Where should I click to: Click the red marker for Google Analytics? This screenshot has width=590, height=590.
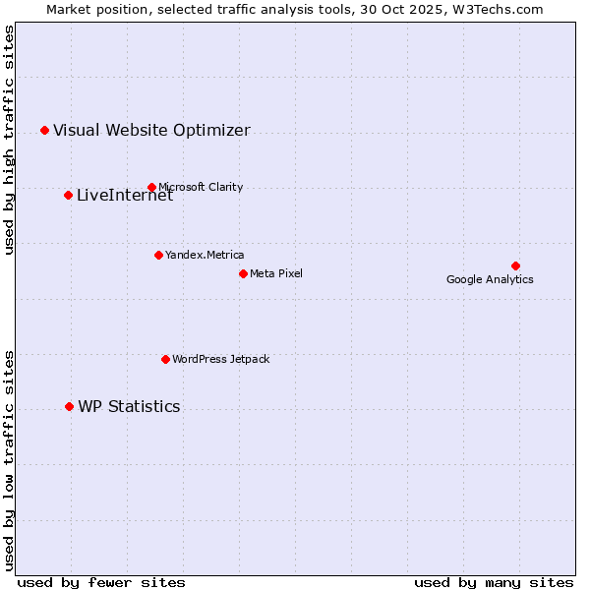(515, 265)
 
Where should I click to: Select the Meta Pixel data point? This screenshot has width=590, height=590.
(243, 273)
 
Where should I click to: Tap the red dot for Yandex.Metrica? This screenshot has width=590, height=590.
(158, 255)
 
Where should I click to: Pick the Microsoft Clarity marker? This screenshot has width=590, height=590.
(151, 187)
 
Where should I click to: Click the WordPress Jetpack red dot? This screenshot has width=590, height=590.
(165, 359)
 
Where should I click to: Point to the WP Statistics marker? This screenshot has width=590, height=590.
(69, 406)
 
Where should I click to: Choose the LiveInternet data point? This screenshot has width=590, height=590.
(68, 195)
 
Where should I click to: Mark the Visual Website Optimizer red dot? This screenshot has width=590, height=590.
(44, 130)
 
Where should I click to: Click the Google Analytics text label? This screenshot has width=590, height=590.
(490, 279)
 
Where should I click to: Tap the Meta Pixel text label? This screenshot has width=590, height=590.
(276, 273)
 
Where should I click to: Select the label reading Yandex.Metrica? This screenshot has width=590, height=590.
(205, 255)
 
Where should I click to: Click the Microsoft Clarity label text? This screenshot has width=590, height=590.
(201, 187)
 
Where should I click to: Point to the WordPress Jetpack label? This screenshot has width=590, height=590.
(220, 359)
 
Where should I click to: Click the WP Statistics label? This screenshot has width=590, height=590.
(129, 406)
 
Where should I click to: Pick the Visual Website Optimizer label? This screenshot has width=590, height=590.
(151, 130)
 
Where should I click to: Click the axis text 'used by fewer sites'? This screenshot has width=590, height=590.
(101, 582)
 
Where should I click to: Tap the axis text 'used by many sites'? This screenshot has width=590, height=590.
(494, 582)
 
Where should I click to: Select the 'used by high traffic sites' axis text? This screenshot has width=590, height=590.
(9, 140)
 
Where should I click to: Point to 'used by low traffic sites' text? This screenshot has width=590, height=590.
(9, 459)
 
